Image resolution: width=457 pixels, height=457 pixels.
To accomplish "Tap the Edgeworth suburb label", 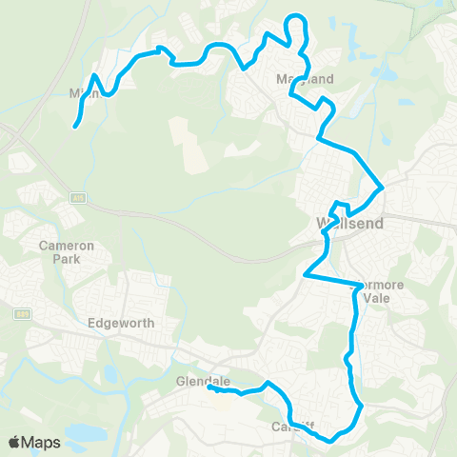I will point(121,323).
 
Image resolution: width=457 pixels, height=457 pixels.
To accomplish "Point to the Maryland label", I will point(304,79).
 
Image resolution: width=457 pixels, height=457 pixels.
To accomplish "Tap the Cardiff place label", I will point(292,426).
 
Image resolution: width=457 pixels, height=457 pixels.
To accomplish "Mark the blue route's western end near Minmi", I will point(74,125).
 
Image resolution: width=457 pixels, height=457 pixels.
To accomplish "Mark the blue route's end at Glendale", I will point(209,387).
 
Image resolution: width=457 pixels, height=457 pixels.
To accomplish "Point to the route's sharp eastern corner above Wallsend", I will point(383,186).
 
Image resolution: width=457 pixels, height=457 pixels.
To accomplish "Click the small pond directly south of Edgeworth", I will point(113,372).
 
